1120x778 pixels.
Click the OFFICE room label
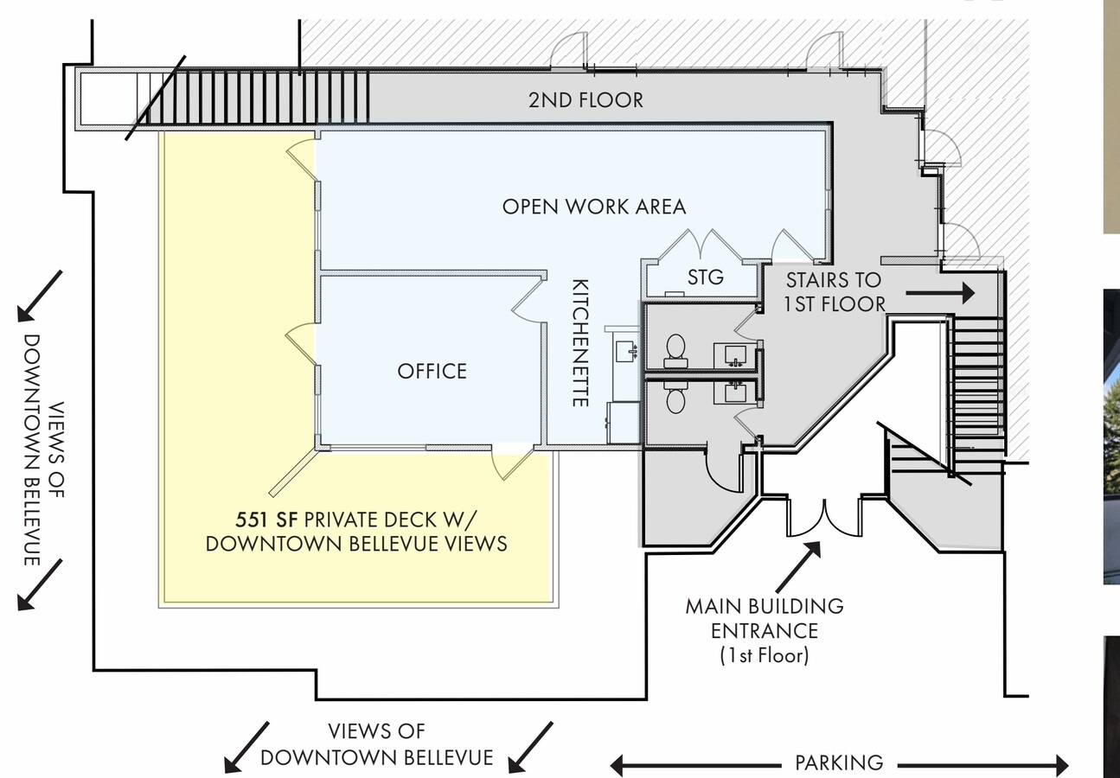click(432, 371)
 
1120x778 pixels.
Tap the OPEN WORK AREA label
click(594, 207)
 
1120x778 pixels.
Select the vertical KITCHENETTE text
click(581, 342)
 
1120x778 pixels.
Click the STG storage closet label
click(705, 278)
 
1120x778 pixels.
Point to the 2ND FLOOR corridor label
click(586, 100)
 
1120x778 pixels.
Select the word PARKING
click(839, 763)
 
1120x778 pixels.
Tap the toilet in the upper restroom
click(675, 348)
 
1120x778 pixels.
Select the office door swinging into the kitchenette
click(525, 303)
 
